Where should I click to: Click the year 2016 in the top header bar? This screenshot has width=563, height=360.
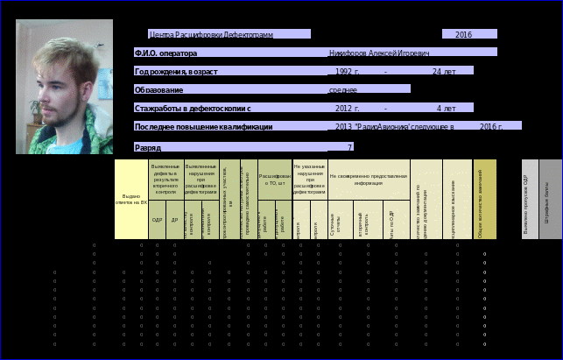click(463, 34)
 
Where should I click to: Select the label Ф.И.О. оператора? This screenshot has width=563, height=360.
click(165, 53)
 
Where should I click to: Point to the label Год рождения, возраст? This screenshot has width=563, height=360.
click(176, 71)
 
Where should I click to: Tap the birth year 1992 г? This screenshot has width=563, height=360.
click(348, 71)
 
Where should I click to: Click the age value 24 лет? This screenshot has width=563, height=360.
click(444, 71)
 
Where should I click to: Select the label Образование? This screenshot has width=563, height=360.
click(158, 89)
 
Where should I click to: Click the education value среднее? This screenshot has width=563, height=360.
click(342, 89)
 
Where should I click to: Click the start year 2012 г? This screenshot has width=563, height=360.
click(348, 108)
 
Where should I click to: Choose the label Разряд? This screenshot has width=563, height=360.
click(147, 147)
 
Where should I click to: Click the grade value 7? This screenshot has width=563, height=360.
click(349, 147)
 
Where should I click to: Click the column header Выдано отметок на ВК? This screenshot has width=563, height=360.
click(130, 199)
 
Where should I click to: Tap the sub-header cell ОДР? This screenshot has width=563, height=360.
click(158, 220)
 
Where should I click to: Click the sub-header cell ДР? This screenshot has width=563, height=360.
click(174, 220)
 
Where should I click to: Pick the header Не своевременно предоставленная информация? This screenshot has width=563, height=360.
click(369, 179)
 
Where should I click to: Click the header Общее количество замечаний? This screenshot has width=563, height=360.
click(484, 199)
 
